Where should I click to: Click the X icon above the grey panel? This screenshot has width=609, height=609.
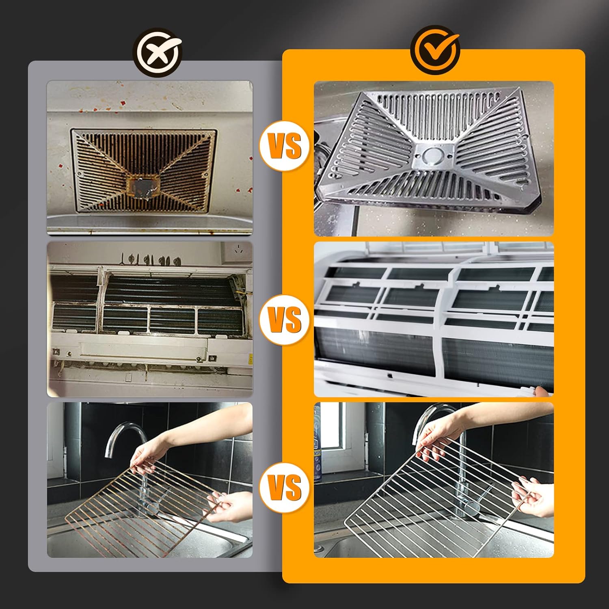(x=159, y=53)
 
